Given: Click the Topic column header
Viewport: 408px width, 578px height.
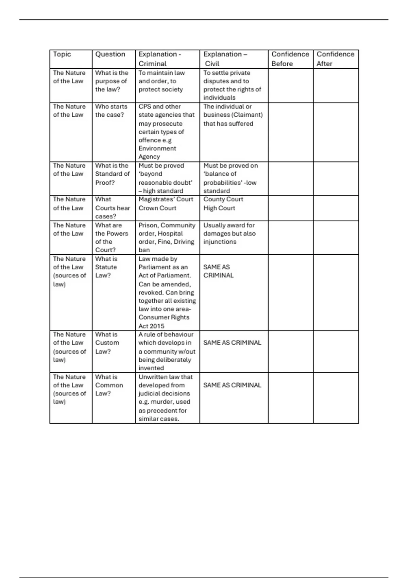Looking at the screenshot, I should (x=62, y=54).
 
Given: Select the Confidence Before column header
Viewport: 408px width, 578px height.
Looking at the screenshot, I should (x=290, y=59).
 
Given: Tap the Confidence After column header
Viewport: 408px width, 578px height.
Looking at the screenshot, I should (x=335, y=59).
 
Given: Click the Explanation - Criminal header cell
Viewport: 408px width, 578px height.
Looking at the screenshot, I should (x=159, y=59).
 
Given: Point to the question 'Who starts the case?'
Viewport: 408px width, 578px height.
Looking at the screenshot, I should (x=111, y=111).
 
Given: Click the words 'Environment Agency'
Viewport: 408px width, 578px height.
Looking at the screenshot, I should (x=157, y=153).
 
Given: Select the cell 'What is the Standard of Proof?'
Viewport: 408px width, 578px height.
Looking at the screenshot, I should (x=112, y=174).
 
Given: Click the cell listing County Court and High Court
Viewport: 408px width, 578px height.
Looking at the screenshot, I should (x=223, y=204).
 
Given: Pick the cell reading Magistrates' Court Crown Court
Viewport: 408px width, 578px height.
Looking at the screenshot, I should (x=166, y=204).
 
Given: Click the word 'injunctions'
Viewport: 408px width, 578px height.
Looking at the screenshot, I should (x=220, y=242).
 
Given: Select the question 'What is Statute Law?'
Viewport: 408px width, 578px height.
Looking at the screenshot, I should (x=106, y=267).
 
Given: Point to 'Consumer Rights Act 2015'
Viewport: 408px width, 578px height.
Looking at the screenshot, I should (x=164, y=322).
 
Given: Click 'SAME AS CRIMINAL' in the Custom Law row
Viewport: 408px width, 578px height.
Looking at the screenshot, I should (x=232, y=343).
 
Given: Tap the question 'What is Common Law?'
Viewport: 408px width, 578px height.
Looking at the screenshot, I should (x=109, y=385).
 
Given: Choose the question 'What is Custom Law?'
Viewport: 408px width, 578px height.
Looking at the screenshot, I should (x=107, y=343).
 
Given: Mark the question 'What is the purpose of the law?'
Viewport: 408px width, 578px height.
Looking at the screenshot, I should (x=112, y=81).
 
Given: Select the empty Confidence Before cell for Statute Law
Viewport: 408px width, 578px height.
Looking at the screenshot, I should (x=290, y=292).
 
